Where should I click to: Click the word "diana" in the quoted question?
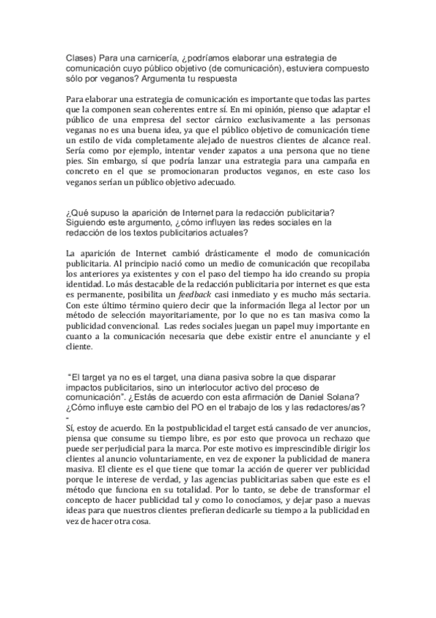point(216,378)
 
